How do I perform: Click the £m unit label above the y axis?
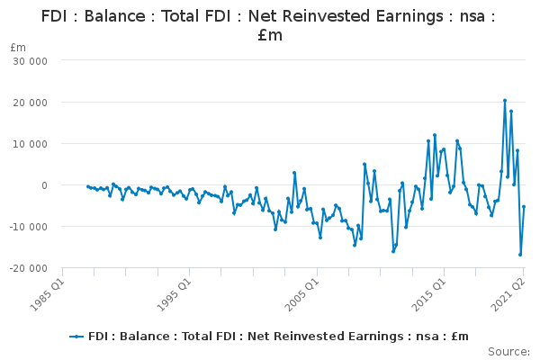[x=18, y=47]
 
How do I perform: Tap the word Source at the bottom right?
[x=508, y=351]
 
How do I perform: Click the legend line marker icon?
[x=77, y=336]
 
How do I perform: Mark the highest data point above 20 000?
[x=505, y=100]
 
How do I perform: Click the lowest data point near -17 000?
[x=520, y=255]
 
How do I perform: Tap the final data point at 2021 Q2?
[x=524, y=206]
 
